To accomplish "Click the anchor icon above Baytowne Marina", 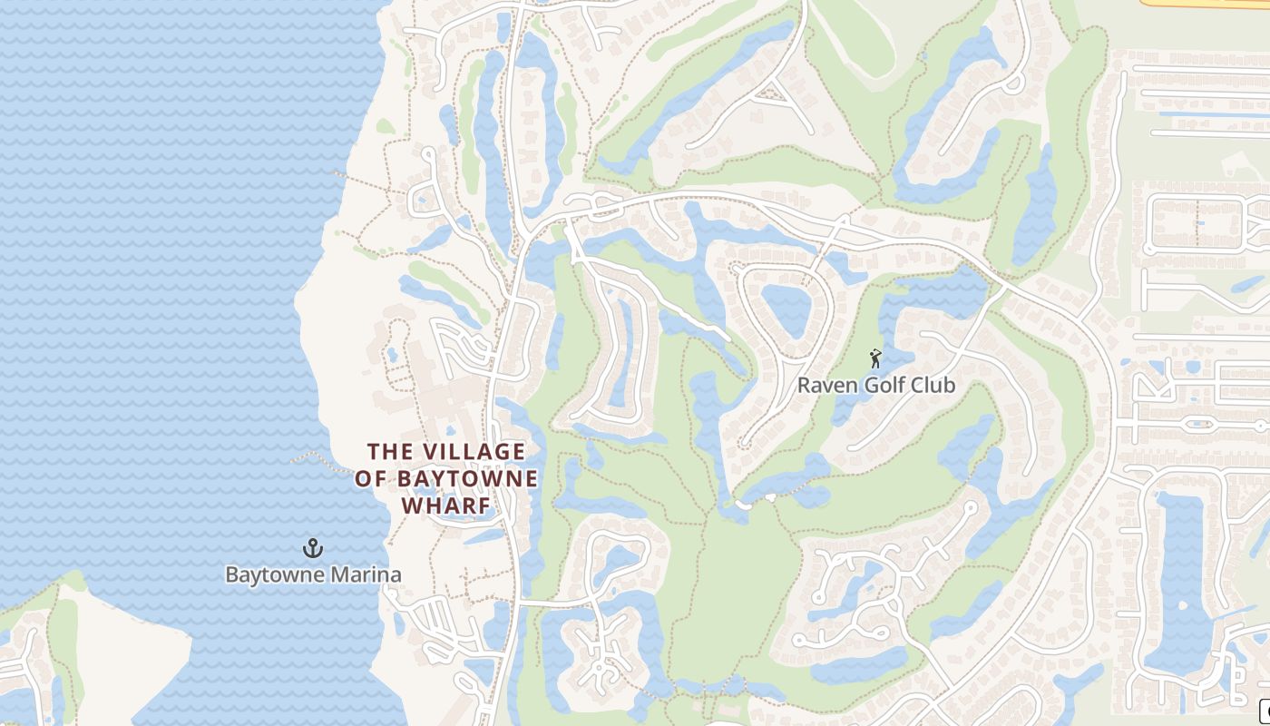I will tap(313, 548).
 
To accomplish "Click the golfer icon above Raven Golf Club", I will tap(875, 358).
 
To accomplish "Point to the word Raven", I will tap(825, 386).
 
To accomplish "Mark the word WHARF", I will tap(446, 505).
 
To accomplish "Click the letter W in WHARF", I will tap(411, 505).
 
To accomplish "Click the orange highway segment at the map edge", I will tap(1206, 4).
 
